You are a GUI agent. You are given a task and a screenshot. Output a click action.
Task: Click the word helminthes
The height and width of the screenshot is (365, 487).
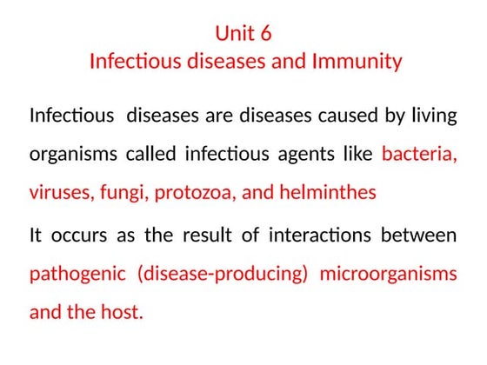tap(328, 193)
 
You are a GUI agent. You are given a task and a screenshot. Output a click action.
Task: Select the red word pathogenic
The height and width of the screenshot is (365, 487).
tap(76, 274)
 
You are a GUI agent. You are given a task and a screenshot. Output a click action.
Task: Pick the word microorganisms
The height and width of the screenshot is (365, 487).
tap(388, 274)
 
